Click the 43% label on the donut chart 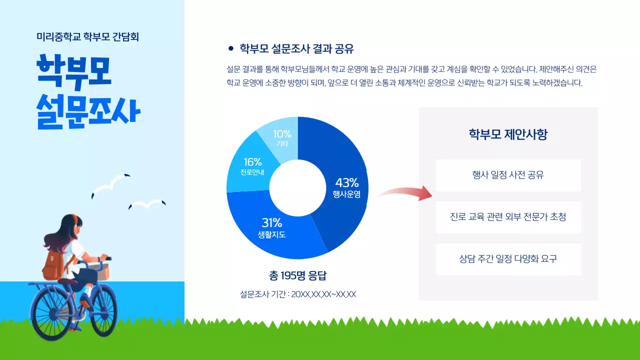click(346, 182)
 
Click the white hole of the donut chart click(297, 187)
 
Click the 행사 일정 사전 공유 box click(508, 175)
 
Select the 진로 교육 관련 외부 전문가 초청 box click(508, 217)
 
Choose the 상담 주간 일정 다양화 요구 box click(508, 259)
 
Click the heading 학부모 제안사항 click(508, 134)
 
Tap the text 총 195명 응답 click(297, 275)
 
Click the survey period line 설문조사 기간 click(297, 294)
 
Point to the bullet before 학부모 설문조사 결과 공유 click(230, 48)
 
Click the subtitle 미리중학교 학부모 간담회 click(87, 36)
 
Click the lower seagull click(147, 204)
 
